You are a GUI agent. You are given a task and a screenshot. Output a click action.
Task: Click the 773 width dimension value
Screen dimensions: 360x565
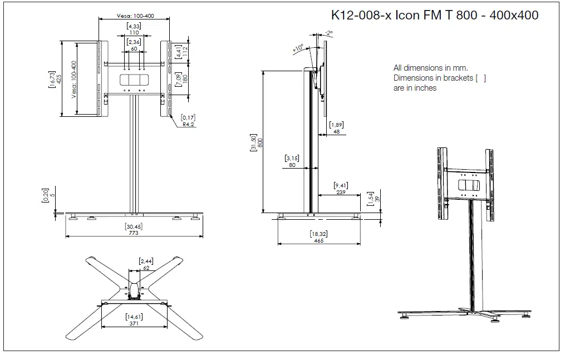pyautogui.click(x=133, y=233)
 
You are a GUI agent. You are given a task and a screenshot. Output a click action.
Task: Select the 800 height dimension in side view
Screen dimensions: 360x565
pyautogui.click(x=260, y=141)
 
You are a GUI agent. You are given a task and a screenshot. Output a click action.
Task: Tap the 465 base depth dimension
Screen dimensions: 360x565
pyautogui.click(x=319, y=240)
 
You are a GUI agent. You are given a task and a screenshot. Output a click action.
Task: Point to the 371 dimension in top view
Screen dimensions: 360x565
pyautogui.click(x=133, y=323)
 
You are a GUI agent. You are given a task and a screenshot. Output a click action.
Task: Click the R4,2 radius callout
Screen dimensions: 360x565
pyautogui.click(x=188, y=125)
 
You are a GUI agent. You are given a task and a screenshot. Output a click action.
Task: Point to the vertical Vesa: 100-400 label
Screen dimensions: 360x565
pyautogui.click(x=74, y=79)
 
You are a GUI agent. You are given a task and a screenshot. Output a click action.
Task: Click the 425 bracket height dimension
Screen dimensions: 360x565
pyautogui.click(x=58, y=79)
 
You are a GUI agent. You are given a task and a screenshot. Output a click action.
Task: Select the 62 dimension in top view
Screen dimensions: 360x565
pyautogui.click(x=146, y=268)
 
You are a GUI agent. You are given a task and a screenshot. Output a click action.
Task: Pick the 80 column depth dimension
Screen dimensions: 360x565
pyautogui.click(x=292, y=165)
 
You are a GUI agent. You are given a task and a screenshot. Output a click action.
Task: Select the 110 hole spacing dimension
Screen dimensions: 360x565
pyautogui.click(x=134, y=33)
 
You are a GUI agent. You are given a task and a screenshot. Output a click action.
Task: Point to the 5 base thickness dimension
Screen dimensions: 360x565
pyautogui.click(x=52, y=195)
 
